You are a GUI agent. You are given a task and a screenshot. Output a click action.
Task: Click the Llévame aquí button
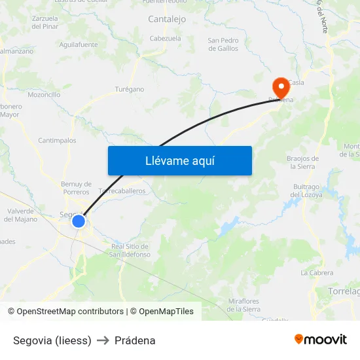[179, 160]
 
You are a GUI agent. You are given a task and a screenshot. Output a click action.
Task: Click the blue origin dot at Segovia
[78, 221]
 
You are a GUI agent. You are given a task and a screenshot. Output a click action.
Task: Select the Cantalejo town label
[167, 20]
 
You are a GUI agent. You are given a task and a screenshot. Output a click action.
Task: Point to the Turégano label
[130, 89]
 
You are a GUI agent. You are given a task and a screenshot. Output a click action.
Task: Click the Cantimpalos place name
[57, 140]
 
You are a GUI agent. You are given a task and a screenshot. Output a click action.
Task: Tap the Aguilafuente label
[79, 45]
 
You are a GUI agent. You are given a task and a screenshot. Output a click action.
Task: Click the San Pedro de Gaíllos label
[223, 45]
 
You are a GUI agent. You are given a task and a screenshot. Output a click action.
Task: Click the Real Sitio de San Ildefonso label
[131, 250]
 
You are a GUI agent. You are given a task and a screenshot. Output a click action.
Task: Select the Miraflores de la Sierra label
[244, 304]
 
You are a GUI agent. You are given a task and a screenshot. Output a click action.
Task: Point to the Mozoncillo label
[45, 94]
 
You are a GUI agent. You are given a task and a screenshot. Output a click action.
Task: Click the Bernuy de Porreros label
[76, 188]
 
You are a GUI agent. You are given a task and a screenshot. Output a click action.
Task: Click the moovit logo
[321, 340]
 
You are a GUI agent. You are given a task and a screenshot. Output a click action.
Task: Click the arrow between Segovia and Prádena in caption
[103, 340]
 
